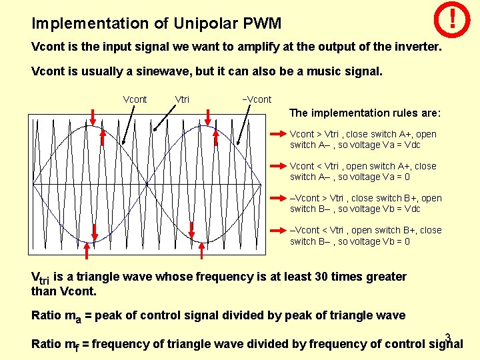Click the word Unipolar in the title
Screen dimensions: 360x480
click(x=207, y=24)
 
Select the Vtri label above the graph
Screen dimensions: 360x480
click(x=182, y=99)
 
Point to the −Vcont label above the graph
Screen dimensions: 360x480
click(x=256, y=99)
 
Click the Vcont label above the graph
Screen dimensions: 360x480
click(x=135, y=99)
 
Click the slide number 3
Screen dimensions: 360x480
click(x=448, y=337)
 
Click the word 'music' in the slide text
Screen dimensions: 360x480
click(x=324, y=71)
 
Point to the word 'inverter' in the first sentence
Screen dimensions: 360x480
click(x=416, y=48)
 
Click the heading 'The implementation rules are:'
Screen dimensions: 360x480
click(x=365, y=113)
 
